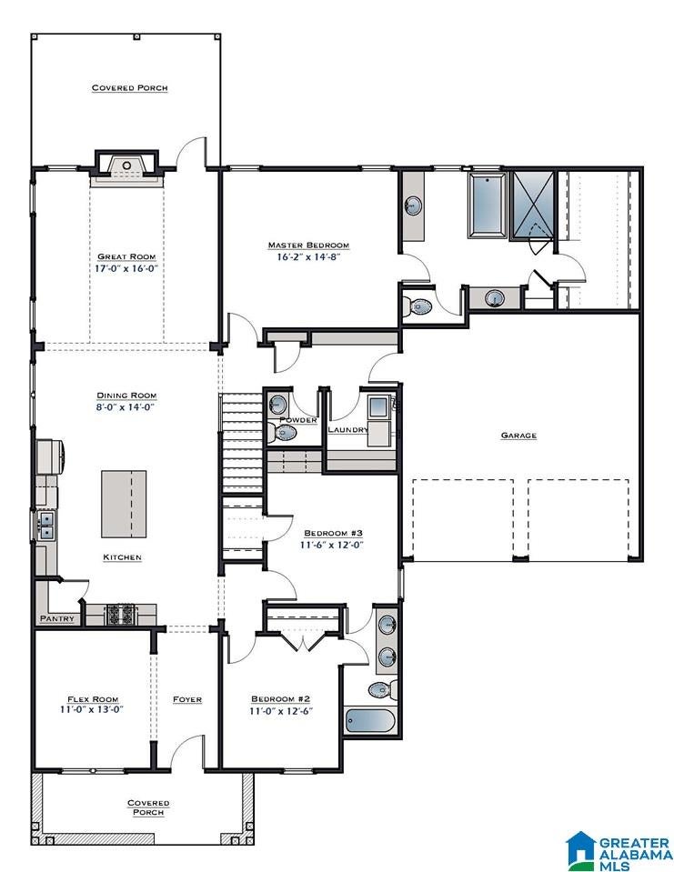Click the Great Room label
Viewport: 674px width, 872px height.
pos(126,256)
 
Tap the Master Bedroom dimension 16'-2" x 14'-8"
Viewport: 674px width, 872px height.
pos(308,257)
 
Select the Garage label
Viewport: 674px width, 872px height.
pos(518,436)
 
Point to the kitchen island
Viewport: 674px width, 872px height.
pos(124,504)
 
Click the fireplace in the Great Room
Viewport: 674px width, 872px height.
pos(126,165)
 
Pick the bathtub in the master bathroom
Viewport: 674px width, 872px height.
pos(488,205)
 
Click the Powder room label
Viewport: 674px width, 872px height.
pos(298,419)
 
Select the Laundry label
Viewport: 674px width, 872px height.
pos(348,429)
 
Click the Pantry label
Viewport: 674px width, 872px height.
pos(57,618)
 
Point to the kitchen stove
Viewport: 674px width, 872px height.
pos(121,615)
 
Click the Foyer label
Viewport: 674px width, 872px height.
pos(186,699)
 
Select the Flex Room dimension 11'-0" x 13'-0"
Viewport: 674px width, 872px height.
pos(92,709)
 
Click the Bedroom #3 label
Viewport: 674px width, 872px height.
pos(334,534)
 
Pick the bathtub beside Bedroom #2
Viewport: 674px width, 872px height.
pos(370,721)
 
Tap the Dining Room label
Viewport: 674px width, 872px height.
pos(126,396)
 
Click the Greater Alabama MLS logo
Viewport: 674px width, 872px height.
pos(619,851)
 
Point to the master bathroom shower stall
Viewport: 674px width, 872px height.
pos(533,205)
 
